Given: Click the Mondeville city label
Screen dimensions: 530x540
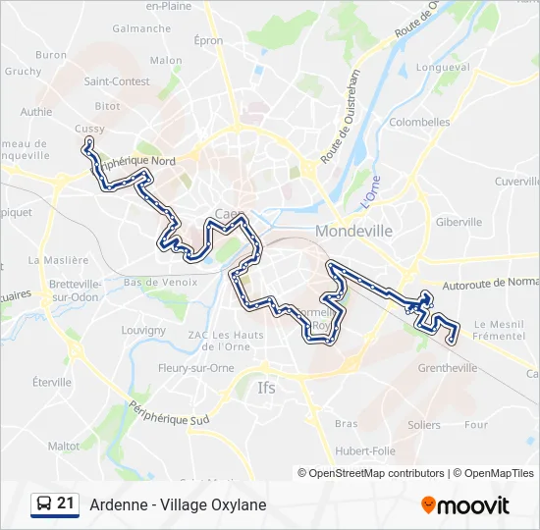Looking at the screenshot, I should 353,231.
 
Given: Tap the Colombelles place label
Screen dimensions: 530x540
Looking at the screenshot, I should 419,123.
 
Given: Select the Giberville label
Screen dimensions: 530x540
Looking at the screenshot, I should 459,222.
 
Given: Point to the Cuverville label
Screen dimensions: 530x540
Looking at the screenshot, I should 516,182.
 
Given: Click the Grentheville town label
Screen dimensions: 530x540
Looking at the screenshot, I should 447,368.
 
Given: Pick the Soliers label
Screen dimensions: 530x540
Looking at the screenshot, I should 424,425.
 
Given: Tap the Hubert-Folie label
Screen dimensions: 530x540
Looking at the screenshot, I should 365,450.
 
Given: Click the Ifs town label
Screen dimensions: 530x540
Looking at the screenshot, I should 266,388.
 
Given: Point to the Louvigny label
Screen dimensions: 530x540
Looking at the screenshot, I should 143,331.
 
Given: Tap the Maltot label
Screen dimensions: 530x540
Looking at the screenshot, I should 64,446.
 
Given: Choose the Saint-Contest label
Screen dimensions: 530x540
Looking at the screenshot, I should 117,81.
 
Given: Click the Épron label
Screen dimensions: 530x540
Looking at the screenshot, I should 208,41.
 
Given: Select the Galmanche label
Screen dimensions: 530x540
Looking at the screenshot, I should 141,28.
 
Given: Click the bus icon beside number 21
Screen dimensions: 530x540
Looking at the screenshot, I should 44,504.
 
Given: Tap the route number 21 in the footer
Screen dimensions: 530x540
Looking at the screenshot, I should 66,503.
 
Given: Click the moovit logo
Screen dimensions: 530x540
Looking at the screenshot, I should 465,505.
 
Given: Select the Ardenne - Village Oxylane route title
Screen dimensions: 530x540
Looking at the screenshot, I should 178,505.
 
